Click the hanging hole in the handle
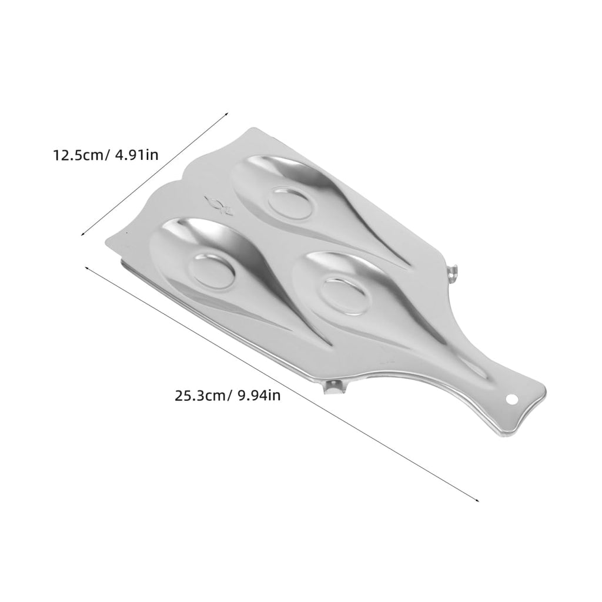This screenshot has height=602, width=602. (510, 399)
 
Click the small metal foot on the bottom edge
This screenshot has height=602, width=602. (333, 387)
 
